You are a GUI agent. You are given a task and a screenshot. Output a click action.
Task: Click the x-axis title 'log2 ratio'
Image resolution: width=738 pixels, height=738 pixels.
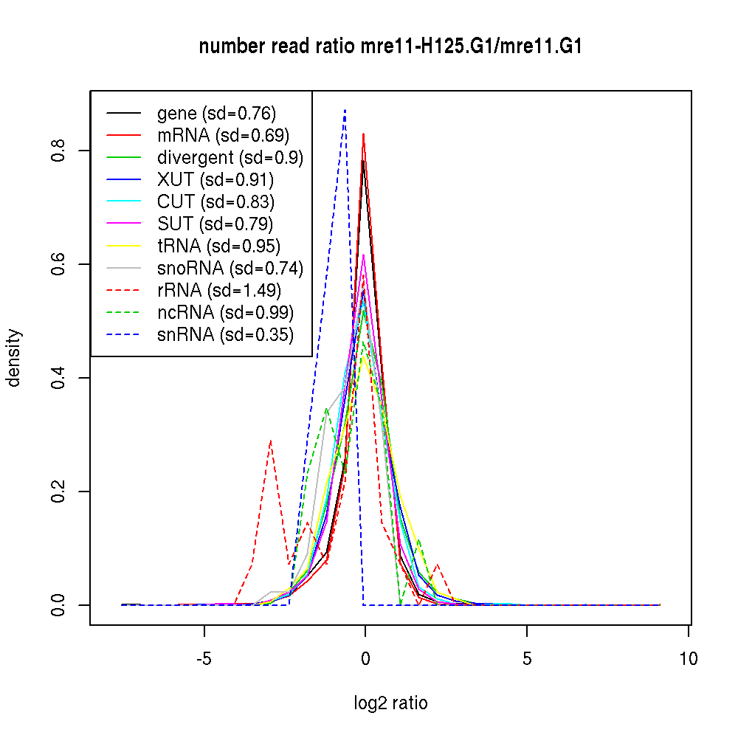(x=390, y=703)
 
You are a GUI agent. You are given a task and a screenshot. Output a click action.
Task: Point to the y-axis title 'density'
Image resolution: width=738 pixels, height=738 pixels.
(x=14, y=357)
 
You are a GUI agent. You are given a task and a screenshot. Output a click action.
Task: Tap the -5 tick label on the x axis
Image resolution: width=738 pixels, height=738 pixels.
(x=204, y=659)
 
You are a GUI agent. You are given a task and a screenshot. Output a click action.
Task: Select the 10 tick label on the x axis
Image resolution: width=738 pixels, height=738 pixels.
(x=688, y=659)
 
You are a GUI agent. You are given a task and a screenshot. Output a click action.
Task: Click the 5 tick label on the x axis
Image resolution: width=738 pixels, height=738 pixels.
(x=526, y=659)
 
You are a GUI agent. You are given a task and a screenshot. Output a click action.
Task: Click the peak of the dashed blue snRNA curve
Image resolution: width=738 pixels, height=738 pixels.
(x=345, y=110)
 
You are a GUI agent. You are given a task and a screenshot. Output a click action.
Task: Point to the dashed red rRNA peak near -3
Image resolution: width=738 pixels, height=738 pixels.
(x=271, y=441)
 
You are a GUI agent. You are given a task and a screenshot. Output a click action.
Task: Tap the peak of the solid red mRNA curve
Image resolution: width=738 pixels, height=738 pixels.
(x=363, y=134)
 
